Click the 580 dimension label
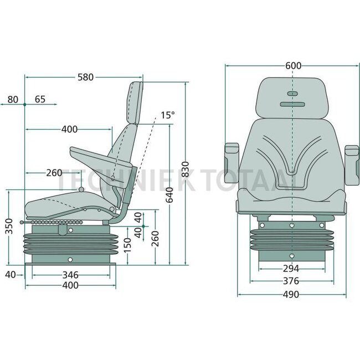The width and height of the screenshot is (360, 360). click(85, 78)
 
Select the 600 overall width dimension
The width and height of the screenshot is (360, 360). click(294, 65)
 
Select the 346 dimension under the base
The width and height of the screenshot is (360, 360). click(70, 274)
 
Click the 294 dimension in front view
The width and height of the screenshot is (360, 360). click(292, 268)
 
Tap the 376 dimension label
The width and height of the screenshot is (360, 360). click(292, 281)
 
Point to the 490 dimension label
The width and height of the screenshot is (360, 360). click(292, 294)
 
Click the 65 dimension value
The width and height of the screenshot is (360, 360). click(40, 100)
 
